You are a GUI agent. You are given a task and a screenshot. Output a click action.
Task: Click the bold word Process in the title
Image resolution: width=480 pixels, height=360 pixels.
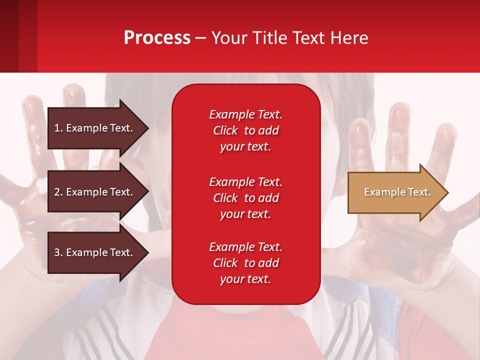(157, 38)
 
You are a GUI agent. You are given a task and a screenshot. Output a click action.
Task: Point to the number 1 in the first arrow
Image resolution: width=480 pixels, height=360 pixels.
(57, 128)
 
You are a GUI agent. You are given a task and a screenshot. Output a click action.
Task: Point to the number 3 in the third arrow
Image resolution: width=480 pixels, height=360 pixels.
(57, 252)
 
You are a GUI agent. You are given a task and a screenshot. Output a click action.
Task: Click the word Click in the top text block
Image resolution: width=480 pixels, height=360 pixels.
(225, 131)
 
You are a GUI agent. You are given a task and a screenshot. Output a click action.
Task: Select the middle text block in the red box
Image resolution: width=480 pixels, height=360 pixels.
(245, 198)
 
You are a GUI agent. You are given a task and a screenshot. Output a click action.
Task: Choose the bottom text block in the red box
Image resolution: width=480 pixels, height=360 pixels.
(245, 263)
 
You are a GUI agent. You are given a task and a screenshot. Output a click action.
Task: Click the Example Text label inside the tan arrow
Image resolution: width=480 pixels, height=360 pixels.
(397, 192)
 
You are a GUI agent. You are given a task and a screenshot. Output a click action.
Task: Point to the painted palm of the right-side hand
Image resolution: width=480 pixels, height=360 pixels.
(390, 235)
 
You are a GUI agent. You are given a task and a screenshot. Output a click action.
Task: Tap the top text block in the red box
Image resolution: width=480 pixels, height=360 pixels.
(245, 130)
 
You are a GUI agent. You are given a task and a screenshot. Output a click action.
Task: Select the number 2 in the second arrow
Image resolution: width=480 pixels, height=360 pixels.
(57, 192)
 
